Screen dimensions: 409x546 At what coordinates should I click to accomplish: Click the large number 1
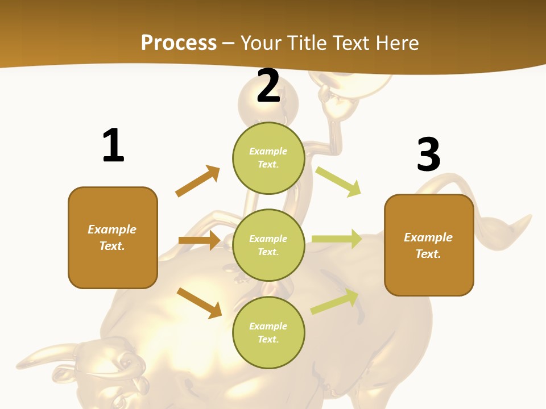pyautogui.click(x=113, y=145)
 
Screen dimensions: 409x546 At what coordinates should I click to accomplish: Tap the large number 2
pyautogui.click(x=268, y=86)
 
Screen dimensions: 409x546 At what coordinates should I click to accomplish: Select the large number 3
pyautogui.click(x=428, y=155)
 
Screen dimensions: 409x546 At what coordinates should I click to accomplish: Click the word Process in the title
pyautogui.click(x=179, y=43)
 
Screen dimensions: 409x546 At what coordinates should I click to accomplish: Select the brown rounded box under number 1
pyautogui.click(x=113, y=237)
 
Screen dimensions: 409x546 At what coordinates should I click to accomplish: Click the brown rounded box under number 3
pyautogui.click(x=429, y=245)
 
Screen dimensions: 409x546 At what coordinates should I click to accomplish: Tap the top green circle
pyautogui.click(x=268, y=158)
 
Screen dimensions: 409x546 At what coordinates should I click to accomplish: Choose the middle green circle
pyautogui.click(x=268, y=245)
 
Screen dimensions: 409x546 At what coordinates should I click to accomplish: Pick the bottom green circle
pyautogui.click(x=268, y=332)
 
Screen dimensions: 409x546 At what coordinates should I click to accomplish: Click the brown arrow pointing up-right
pyautogui.click(x=197, y=181)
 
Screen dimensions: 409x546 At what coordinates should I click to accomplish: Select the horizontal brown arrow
pyautogui.click(x=199, y=240)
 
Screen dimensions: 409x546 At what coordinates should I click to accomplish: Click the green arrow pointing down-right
pyautogui.click(x=338, y=181)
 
